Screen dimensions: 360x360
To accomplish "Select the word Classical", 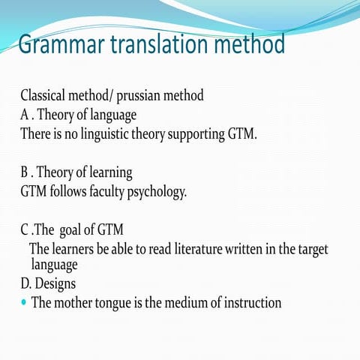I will [x=47, y=97].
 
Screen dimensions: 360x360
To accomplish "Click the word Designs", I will [x=61, y=285].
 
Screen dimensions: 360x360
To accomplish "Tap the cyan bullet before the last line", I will [x=25, y=303].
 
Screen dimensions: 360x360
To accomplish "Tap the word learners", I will [x=79, y=250].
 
